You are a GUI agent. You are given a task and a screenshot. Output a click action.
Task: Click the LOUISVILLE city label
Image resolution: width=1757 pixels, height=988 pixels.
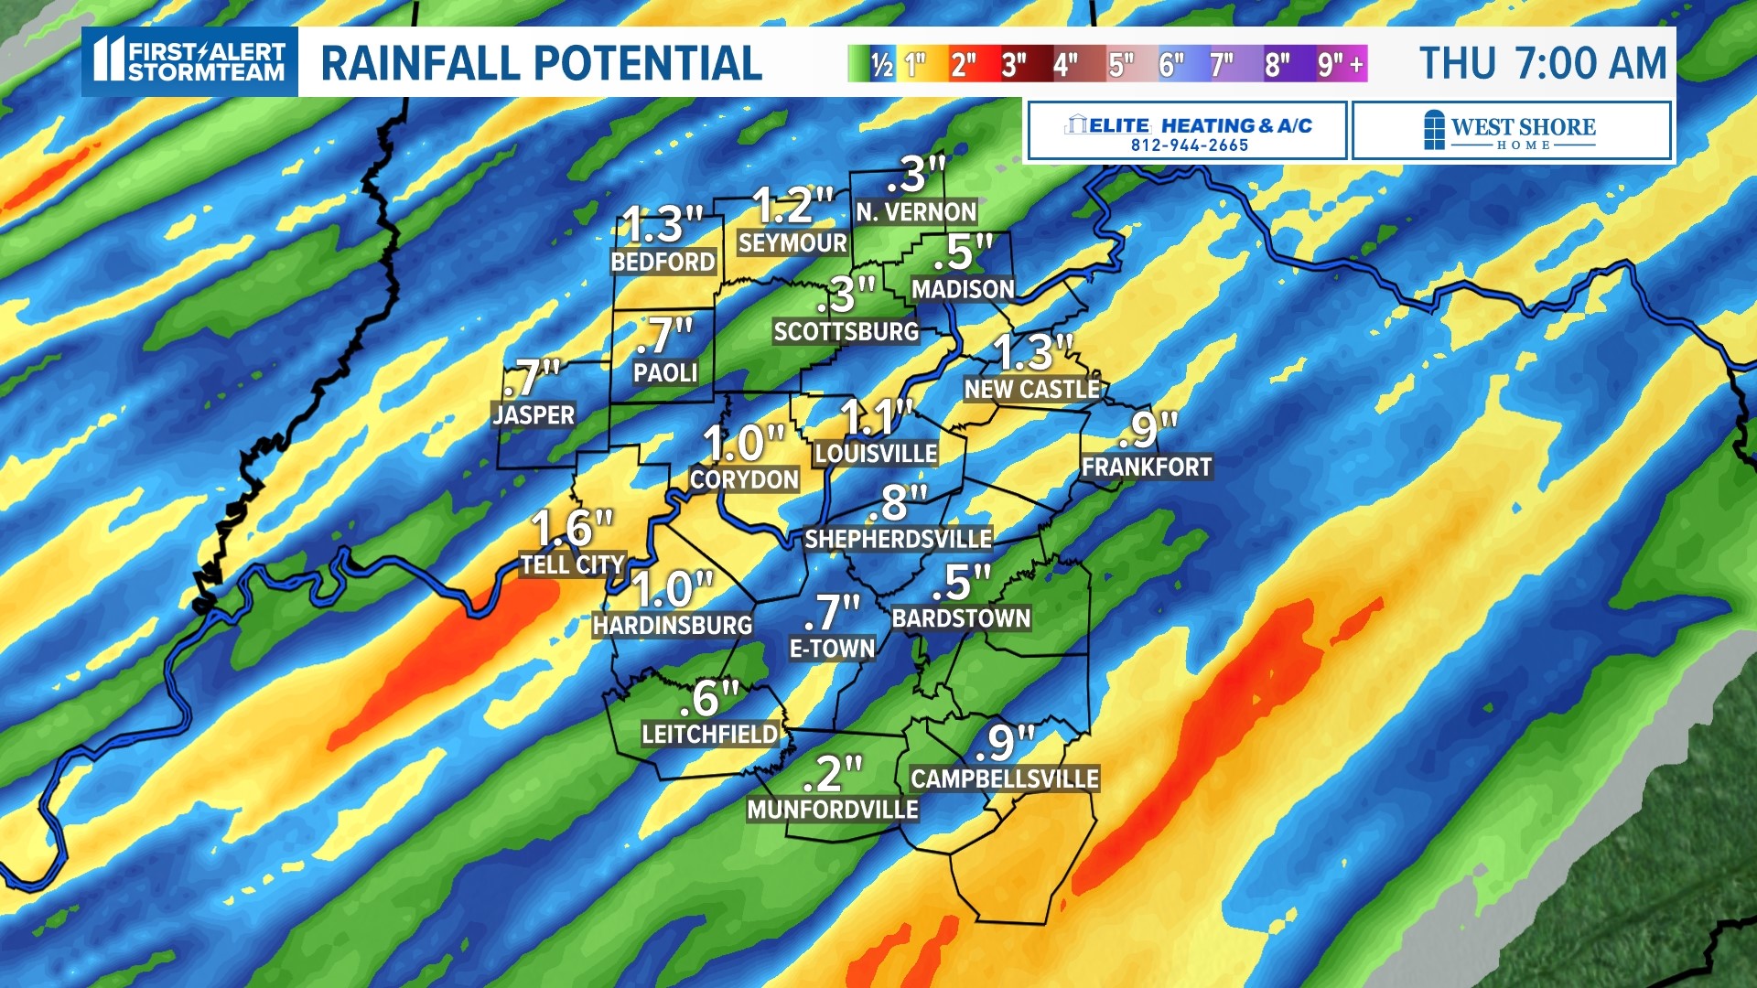coord(876,454)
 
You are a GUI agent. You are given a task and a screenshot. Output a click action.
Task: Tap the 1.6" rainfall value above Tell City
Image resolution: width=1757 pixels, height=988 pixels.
coord(572,529)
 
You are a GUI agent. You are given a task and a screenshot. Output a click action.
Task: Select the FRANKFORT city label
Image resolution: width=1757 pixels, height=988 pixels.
coord(1146,467)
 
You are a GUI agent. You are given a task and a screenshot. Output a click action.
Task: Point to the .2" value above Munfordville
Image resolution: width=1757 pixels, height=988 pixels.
coord(832,774)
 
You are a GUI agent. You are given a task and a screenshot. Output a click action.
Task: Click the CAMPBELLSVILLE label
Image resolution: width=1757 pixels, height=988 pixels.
coord(1004,779)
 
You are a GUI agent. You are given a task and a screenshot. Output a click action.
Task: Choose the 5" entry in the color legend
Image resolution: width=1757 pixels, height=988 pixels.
coord(1119,64)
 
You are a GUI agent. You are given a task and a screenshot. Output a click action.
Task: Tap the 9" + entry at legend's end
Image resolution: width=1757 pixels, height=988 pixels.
coord(1341,64)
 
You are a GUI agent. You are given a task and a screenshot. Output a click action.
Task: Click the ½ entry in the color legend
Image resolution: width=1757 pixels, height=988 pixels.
coord(881,64)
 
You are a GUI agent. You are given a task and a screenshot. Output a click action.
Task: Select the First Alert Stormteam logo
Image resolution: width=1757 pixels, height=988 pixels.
coord(190,61)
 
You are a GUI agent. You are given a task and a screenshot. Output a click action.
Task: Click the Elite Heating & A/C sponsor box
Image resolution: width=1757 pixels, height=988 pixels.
coord(1187,132)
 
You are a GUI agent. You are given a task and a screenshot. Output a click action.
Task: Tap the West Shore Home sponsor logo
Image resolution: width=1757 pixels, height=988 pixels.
coord(1511,132)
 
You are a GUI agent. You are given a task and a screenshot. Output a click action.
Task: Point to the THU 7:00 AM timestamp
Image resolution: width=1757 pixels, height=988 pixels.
coord(1543,64)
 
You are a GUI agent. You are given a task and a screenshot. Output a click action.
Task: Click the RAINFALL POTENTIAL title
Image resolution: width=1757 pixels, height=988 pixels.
coord(541,64)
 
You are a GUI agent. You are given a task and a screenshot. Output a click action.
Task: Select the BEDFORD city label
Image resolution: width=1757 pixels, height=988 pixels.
coord(663,263)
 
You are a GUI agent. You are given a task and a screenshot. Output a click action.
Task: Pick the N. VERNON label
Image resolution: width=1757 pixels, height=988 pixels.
coord(916,212)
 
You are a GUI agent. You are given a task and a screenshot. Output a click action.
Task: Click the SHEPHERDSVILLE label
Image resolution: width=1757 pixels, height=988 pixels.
coord(898,540)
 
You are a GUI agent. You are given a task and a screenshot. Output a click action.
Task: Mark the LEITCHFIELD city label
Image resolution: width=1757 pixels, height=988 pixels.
coord(709,735)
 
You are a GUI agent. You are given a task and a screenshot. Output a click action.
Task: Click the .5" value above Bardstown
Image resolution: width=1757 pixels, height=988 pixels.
coord(961,583)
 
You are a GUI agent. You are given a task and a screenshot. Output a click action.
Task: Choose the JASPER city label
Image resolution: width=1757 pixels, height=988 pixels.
coord(534,415)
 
